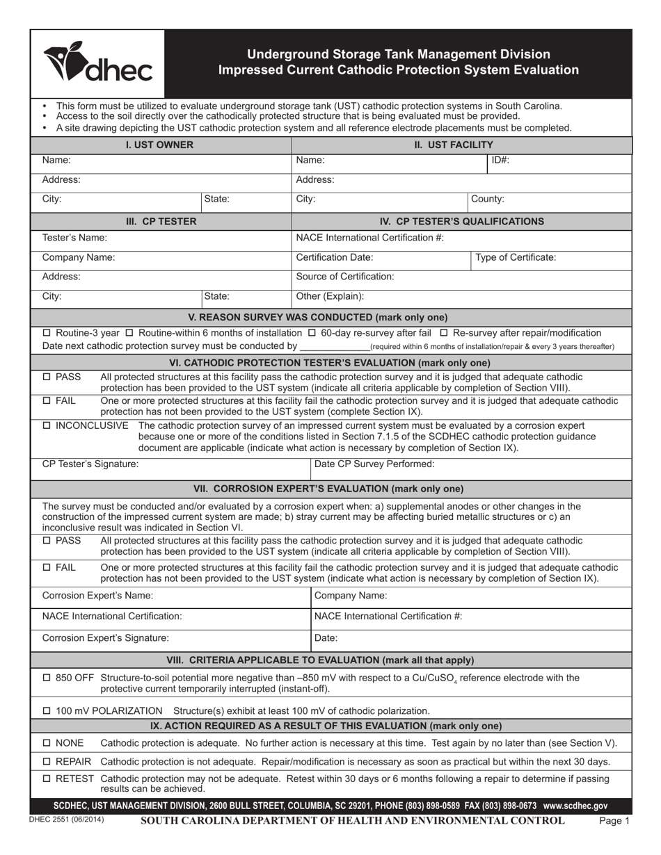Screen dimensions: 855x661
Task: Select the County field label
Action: coord(488,199)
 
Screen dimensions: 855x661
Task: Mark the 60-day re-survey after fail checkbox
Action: coord(312,333)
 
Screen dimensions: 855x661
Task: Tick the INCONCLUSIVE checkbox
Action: coord(47,425)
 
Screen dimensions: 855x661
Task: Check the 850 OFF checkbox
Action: coord(47,678)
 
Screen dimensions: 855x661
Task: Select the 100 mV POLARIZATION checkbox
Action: coord(47,711)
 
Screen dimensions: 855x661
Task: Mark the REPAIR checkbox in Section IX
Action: coord(47,762)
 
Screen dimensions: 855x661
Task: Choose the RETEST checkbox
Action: coord(47,779)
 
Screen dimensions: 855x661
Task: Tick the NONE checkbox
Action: coord(47,743)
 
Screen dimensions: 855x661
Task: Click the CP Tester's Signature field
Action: coord(209,464)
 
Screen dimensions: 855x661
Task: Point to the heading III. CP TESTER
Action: coord(161,221)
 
